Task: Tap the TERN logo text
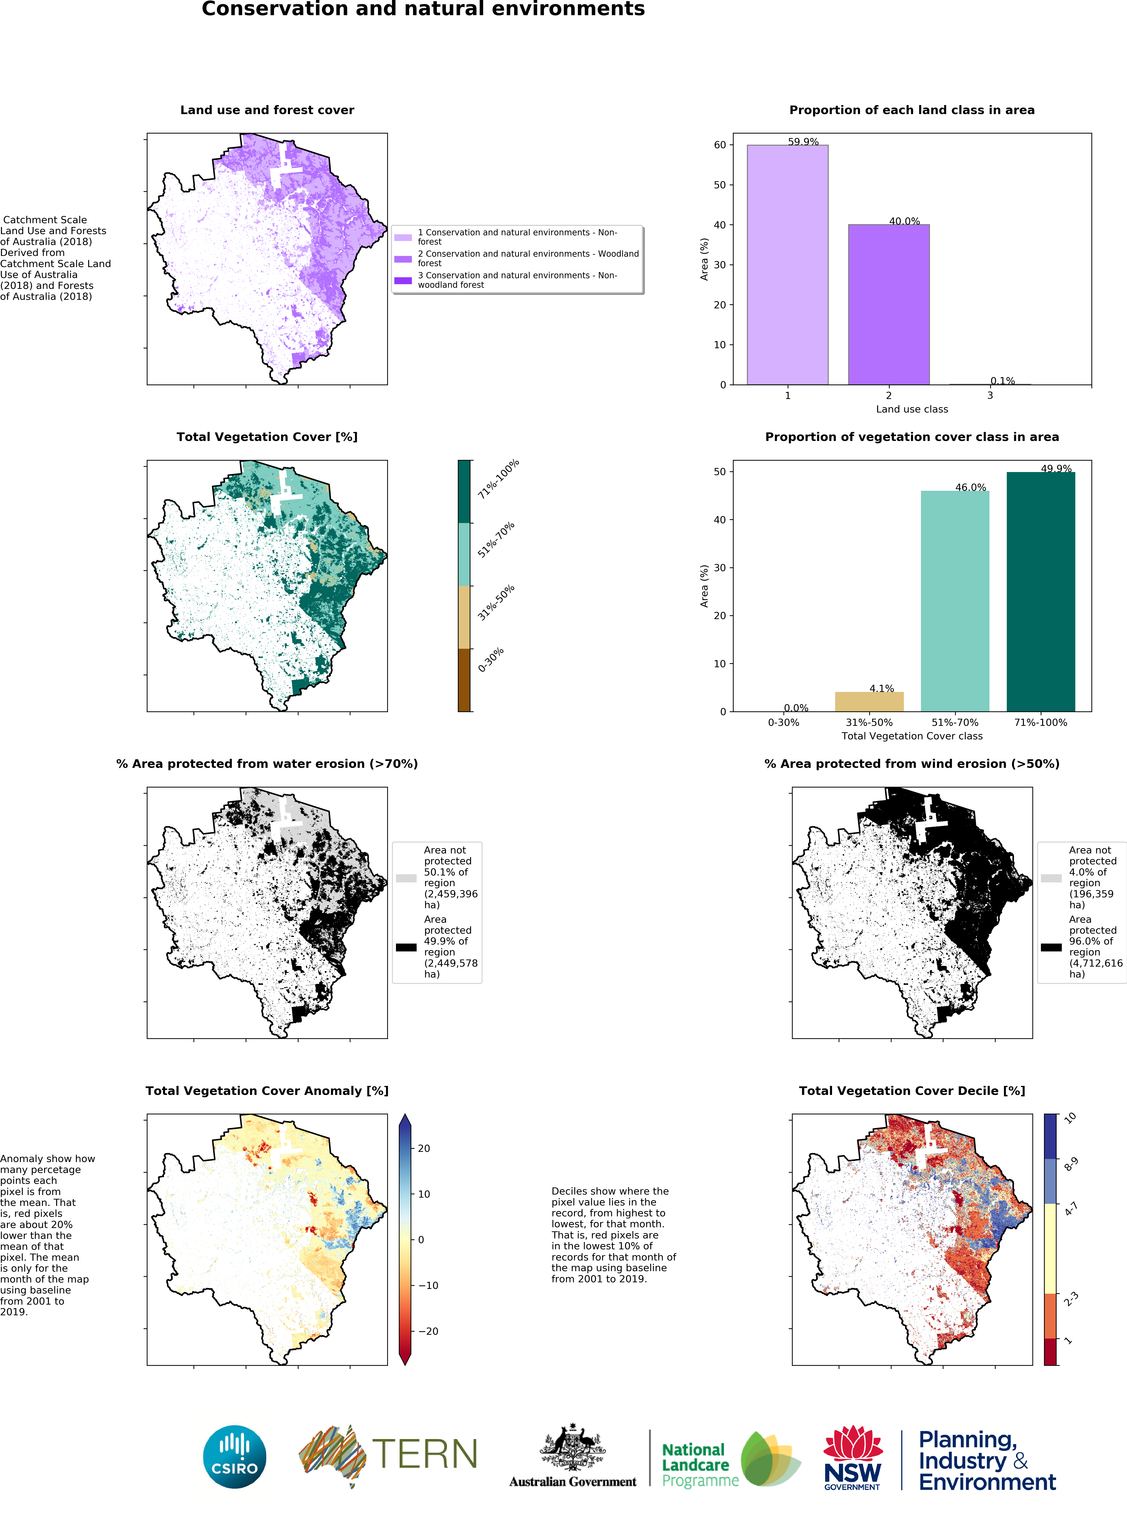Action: (424, 1454)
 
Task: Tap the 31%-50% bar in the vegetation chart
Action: (869, 702)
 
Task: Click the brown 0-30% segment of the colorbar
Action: (464, 680)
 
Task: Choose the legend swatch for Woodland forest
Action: (403, 259)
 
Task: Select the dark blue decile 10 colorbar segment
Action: (1050, 1136)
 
